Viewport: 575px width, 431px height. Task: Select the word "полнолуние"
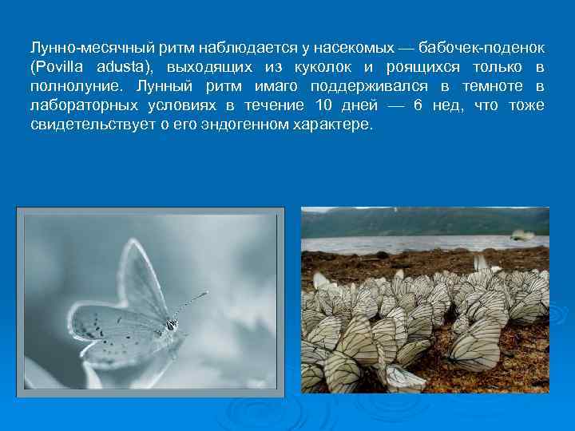[76, 86]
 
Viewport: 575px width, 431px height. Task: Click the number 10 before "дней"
[323, 105]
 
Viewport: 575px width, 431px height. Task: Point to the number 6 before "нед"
[418, 105]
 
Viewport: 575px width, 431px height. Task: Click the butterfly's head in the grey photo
[170, 324]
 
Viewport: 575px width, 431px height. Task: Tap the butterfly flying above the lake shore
[522, 235]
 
